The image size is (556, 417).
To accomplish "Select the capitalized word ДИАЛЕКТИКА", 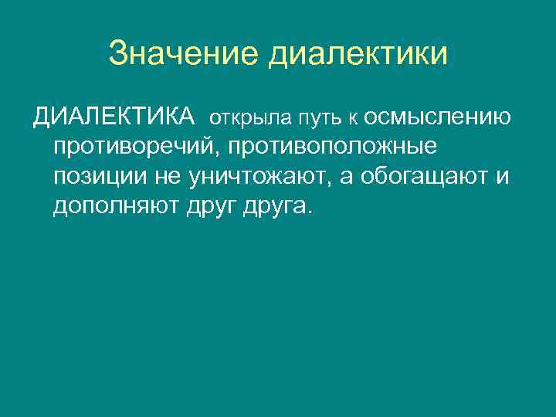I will tap(114, 117).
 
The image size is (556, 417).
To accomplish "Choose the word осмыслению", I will tap(436, 118).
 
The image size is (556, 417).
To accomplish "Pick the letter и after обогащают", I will tap(503, 178).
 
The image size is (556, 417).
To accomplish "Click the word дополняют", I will tap(116, 206).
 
